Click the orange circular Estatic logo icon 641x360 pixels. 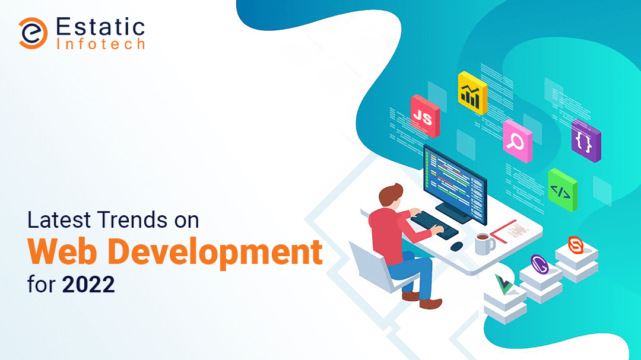pos(33,33)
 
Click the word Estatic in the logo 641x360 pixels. pos(100,27)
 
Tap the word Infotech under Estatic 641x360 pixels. pos(100,44)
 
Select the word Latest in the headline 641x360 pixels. pos(59,219)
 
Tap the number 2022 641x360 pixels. pos(88,285)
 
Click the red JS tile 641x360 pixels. pos(425,116)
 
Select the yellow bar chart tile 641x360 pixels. pos(472,93)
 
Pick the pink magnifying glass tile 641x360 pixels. pos(518,141)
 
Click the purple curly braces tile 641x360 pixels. pos(586,141)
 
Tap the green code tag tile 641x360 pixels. pos(563,190)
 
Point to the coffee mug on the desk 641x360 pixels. pos(484,244)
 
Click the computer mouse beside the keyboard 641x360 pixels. pos(456,246)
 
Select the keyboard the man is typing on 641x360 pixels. pos(434,225)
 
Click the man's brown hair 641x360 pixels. pos(391,193)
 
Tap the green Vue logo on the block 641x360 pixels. pos(504,284)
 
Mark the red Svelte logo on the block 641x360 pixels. pos(576,245)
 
